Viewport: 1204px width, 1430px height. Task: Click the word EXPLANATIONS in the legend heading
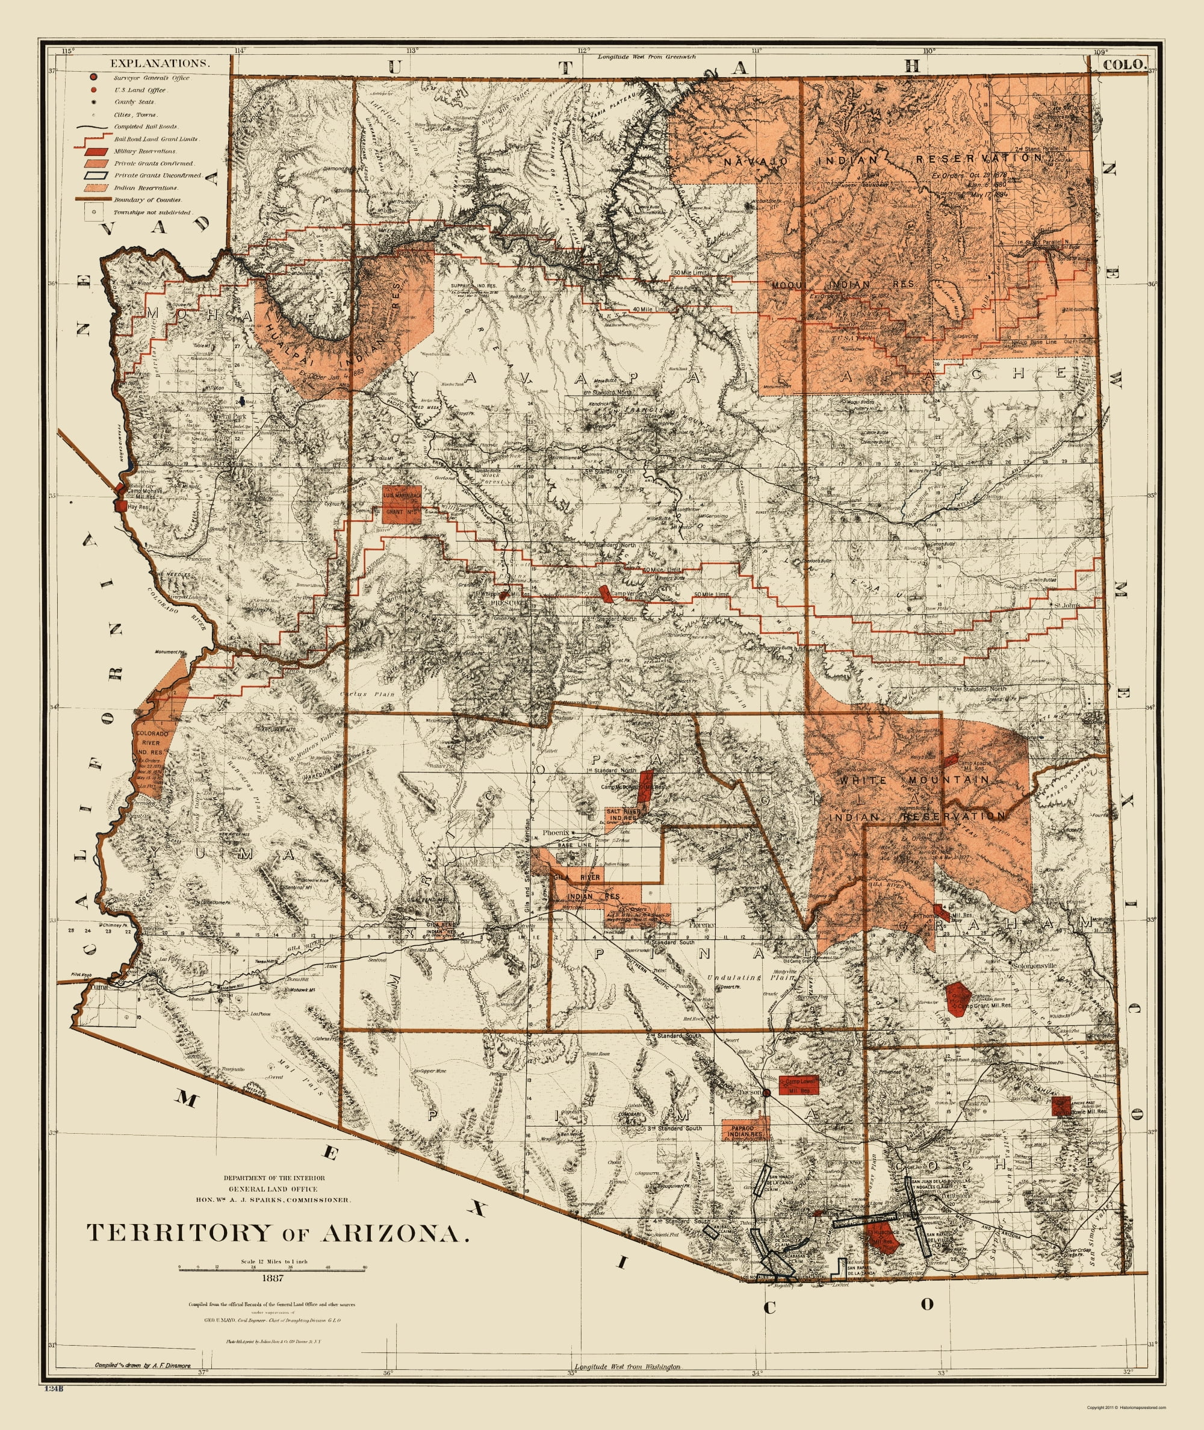tap(159, 63)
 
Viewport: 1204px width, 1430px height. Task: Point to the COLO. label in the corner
tap(1123, 64)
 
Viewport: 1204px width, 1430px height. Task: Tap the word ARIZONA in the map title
tap(395, 1232)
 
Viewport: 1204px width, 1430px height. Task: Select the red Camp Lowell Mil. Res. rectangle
tap(799, 1084)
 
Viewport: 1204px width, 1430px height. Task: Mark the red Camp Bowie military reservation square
tap(1061, 1104)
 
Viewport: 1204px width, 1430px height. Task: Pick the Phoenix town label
tap(556, 833)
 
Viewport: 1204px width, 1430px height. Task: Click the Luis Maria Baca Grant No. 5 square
tap(403, 505)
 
